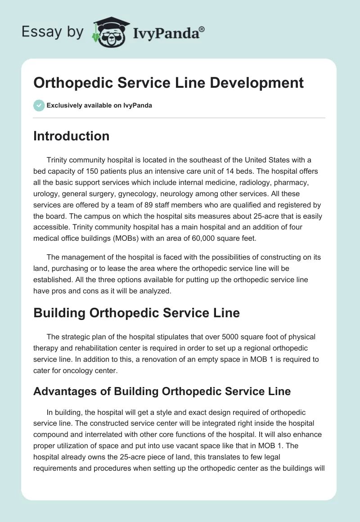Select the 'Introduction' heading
71,136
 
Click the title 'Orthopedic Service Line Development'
168,83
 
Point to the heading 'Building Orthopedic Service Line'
136,313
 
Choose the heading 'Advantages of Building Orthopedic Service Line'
162,391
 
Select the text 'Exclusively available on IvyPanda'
99,105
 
